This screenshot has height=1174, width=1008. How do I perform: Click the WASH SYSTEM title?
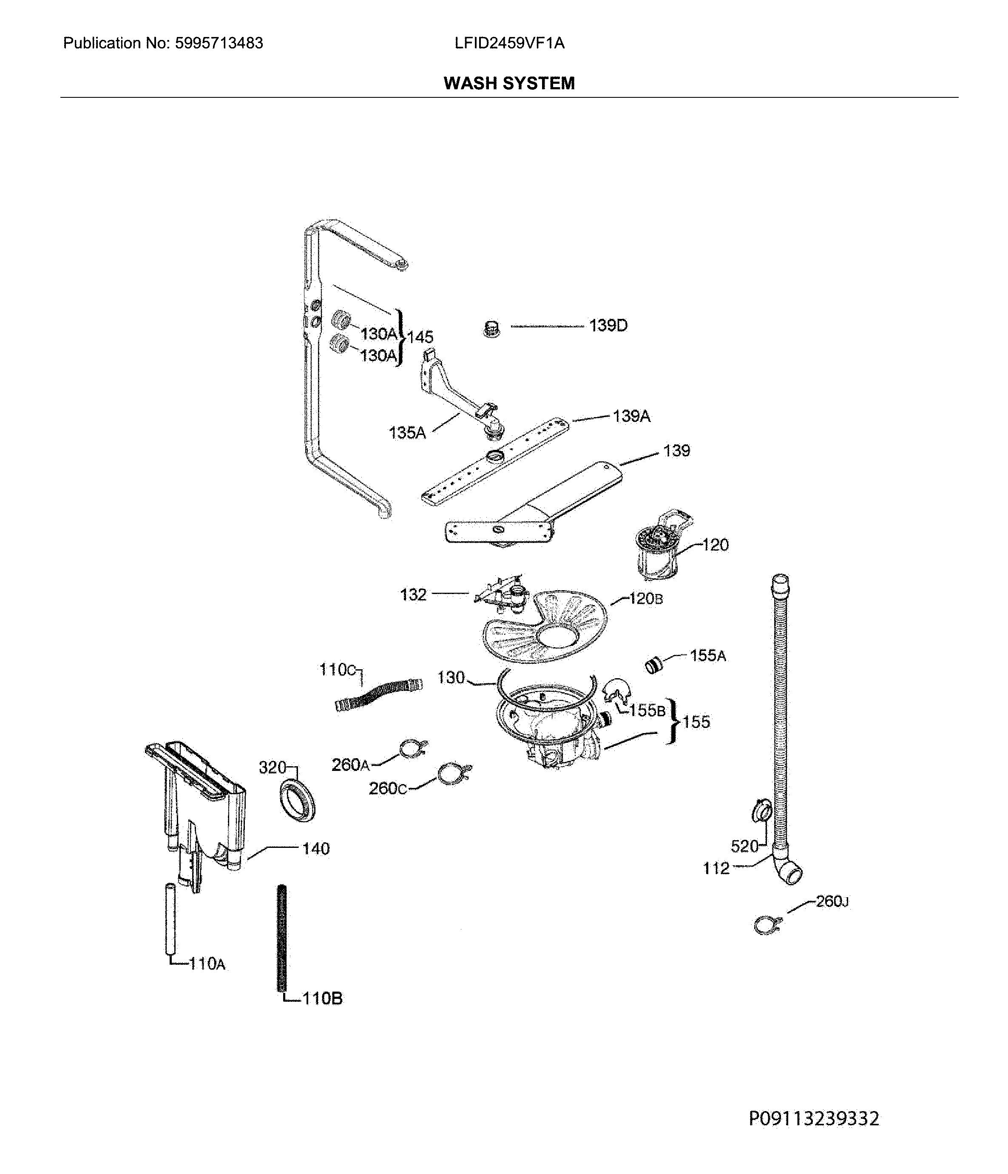coord(509,83)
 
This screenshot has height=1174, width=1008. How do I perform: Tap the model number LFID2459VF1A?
coord(509,43)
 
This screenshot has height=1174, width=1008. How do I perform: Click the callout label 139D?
coord(608,326)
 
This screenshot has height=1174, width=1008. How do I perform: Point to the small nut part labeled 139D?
coord(492,329)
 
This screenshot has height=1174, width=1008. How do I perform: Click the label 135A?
coord(407,433)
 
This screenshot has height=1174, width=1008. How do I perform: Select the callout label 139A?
coord(631,416)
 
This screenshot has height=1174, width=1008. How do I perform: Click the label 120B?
coord(645,598)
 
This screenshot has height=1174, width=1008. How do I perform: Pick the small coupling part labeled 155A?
coord(654,665)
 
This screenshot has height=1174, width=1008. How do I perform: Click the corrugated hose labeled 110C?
coord(378,695)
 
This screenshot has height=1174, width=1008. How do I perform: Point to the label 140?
coord(315,848)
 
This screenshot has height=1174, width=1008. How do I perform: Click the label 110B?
coord(322,998)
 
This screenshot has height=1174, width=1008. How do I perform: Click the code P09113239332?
coord(814,1118)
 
